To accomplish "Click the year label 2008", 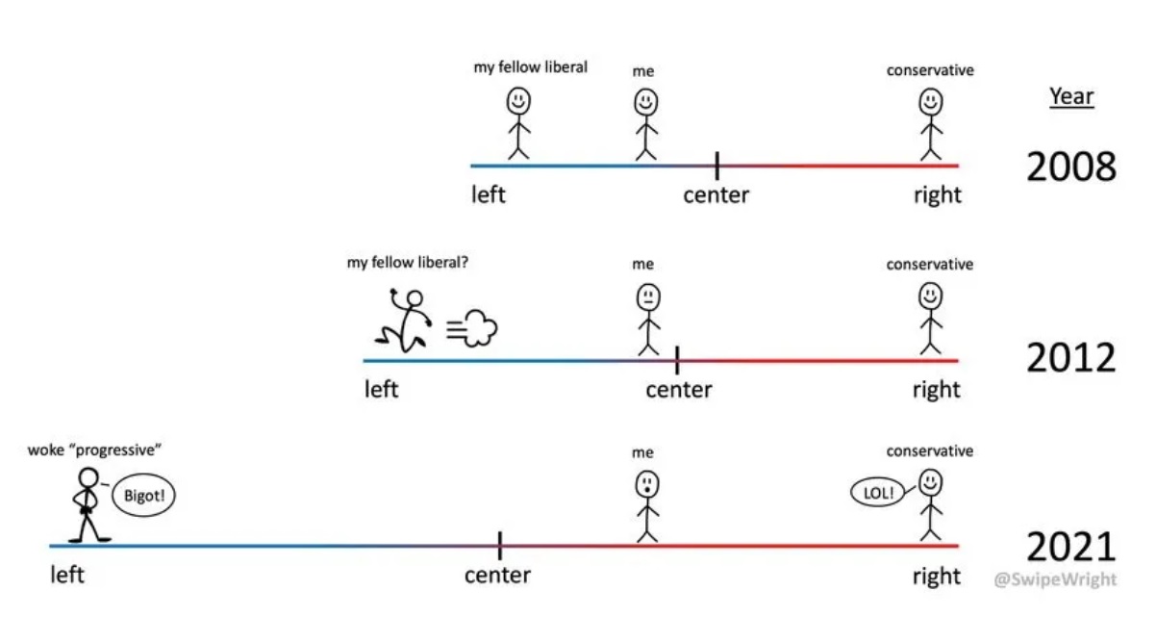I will pyautogui.click(x=1070, y=167).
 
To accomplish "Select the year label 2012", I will pyautogui.click(x=1070, y=359).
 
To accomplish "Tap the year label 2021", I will pyautogui.click(x=1070, y=548).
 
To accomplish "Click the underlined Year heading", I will pyautogui.click(x=1071, y=96).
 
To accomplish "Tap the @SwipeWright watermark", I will pyautogui.click(x=1056, y=579).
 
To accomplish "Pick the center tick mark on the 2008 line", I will pyautogui.click(x=716, y=166).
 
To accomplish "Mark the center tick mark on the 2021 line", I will pyautogui.click(x=499, y=546).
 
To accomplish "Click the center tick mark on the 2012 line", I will pyautogui.click(x=677, y=360).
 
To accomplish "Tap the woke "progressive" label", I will pyautogui.click(x=94, y=450).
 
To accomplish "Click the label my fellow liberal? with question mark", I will pyautogui.click(x=408, y=262).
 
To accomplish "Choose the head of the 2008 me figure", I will pyautogui.click(x=645, y=100).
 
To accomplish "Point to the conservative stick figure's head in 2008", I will pyautogui.click(x=930, y=100).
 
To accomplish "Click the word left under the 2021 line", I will pyautogui.click(x=67, y=576).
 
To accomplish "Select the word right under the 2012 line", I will pyautogui.click(x=937, y=390).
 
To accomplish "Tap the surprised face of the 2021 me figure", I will pyautogui.click(x=645, y=481).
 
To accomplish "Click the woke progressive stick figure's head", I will pyautogui.click(x=88, y=477).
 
